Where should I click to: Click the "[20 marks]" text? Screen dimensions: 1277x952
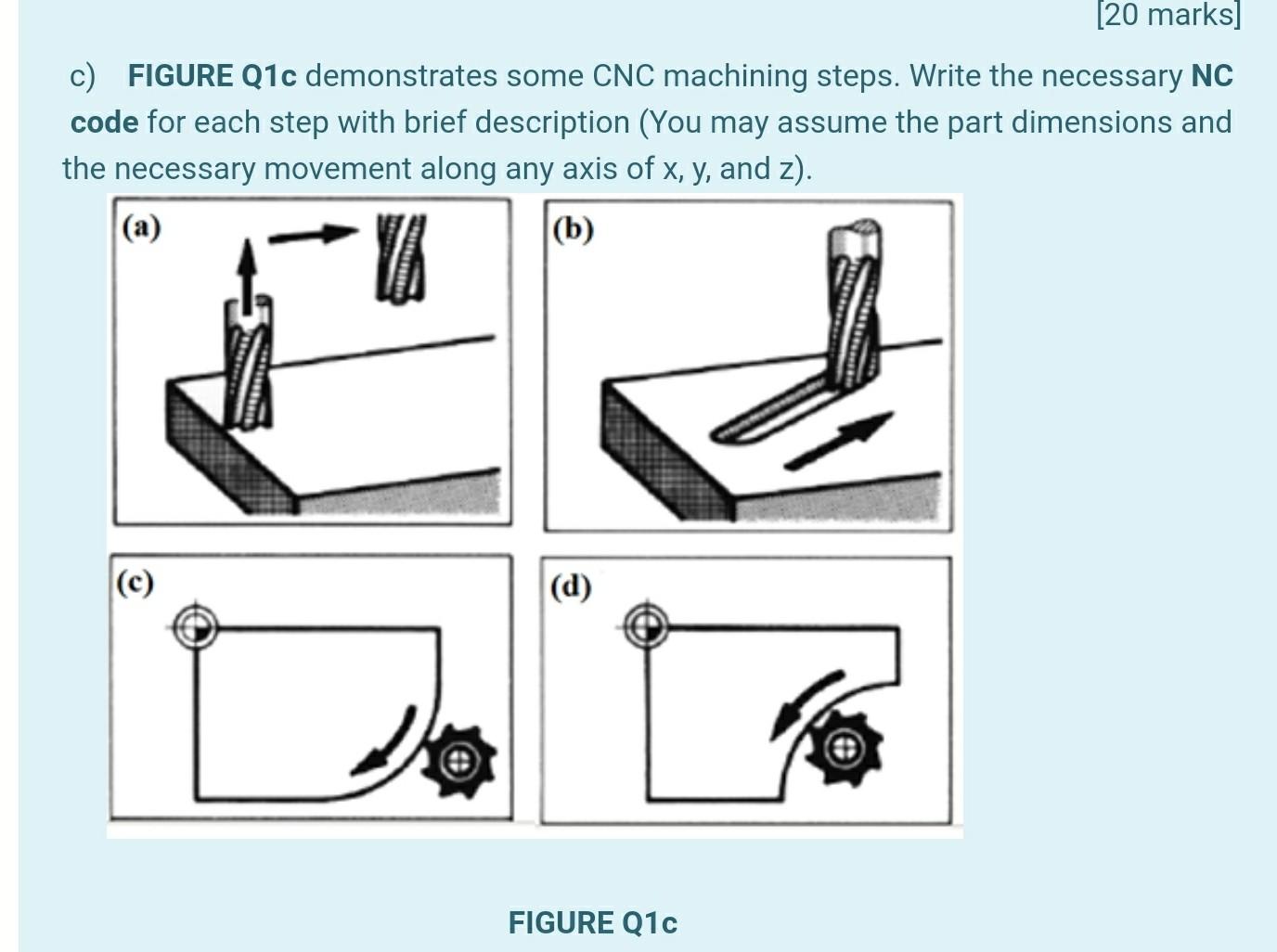(x=1168, y=14)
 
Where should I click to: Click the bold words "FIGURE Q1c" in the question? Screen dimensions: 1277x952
(x=212, y=76)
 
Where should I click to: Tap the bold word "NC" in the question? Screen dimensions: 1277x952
(x=1212, y=76)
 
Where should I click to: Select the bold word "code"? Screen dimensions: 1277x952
(x=104, y=122)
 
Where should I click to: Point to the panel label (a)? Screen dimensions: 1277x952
(x=141, y=227)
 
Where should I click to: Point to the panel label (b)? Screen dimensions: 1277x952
(x=573, y=230)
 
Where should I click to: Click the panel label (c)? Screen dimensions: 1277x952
(x=135, y=583)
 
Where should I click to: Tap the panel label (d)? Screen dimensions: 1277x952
(x=571, y=586)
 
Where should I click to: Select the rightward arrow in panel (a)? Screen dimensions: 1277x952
(x=312, y=235)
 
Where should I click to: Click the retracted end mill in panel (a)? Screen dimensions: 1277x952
(x=401, y=258)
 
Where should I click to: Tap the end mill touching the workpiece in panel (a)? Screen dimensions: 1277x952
(x=248, y=363)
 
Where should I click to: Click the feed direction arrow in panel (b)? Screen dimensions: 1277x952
(x=839, y=440)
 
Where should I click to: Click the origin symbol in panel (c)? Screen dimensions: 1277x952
(x=196, y=627)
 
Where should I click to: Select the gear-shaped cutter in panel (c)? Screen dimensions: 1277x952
(x=459, y=761)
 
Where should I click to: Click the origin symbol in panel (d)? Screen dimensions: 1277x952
(x=646, y=625)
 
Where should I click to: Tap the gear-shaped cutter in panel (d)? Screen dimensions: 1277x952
(x=845, y=749)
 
